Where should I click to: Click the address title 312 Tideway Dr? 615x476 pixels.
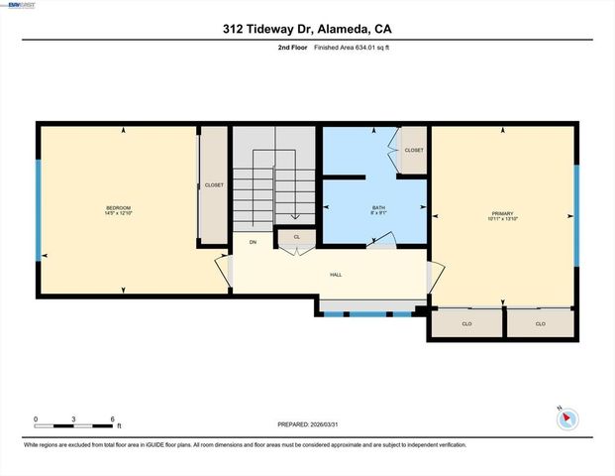[307, 31]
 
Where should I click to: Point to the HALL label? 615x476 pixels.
[336, 276]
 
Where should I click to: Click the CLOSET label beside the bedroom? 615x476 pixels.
[214, 185]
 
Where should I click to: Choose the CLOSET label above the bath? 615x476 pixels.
[414, 150]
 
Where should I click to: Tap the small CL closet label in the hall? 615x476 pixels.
[296, 237]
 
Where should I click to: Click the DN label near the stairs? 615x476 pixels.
[253, 242]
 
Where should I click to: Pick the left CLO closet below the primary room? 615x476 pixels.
[465, 324]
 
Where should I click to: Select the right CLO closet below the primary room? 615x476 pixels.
[540, 324]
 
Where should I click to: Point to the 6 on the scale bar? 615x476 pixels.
[113, 419]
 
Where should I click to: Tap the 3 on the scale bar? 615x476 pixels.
[74, 419]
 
